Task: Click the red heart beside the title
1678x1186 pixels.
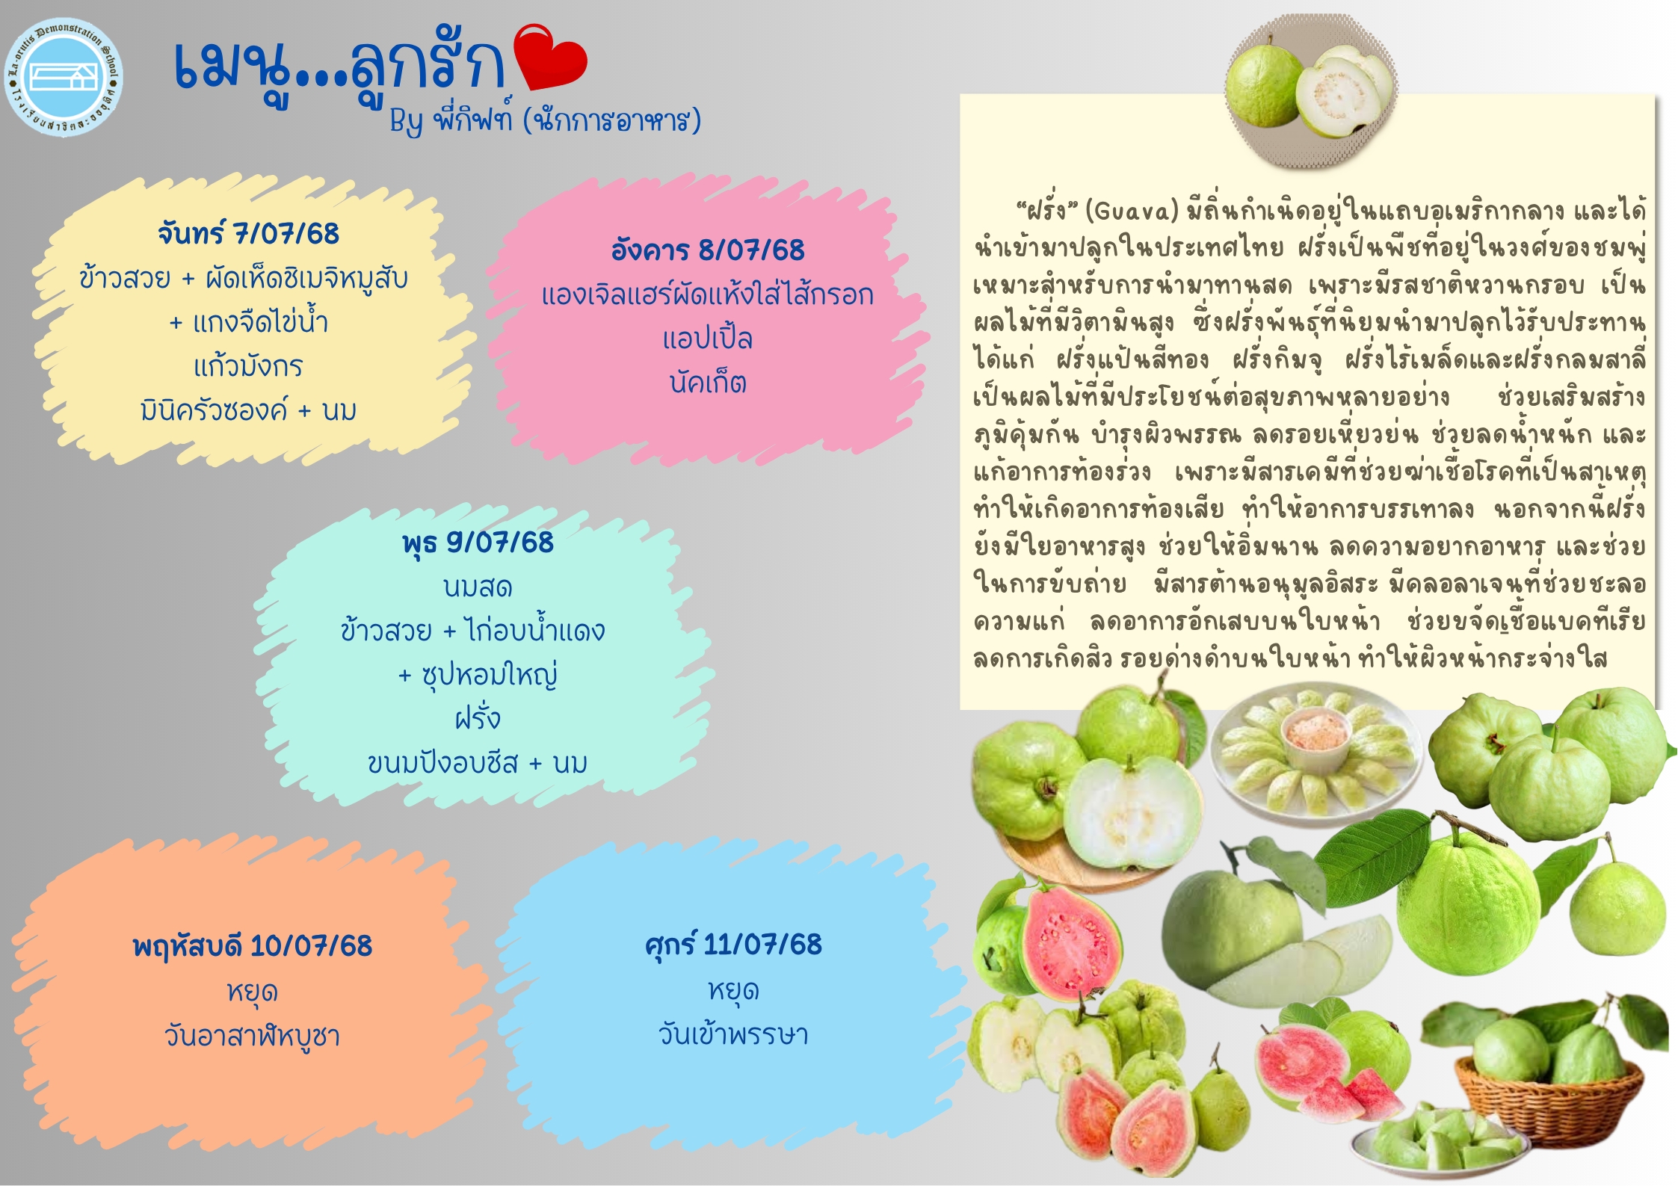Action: (552, 57)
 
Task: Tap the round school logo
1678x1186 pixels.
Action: (64, 77)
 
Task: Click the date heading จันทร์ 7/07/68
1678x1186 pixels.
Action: (248, 233)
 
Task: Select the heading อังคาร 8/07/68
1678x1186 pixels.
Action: (707, 250)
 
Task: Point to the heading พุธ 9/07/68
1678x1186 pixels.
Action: (478, 543)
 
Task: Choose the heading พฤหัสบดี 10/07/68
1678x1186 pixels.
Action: (252, 946)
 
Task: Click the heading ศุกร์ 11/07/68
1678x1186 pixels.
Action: (733, 945)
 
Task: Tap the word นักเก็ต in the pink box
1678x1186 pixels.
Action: (707, 383)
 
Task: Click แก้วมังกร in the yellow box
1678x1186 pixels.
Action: (248, 366)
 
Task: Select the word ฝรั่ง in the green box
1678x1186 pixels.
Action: (478, 718)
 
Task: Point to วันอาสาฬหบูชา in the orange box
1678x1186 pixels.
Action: (252, 1036)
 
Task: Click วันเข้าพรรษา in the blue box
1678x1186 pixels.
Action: (733, 1034)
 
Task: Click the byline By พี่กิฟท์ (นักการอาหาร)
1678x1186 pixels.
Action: (545, 120)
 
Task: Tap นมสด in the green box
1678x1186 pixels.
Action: (478, 587)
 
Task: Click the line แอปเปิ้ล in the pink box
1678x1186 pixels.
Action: (707, 339)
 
